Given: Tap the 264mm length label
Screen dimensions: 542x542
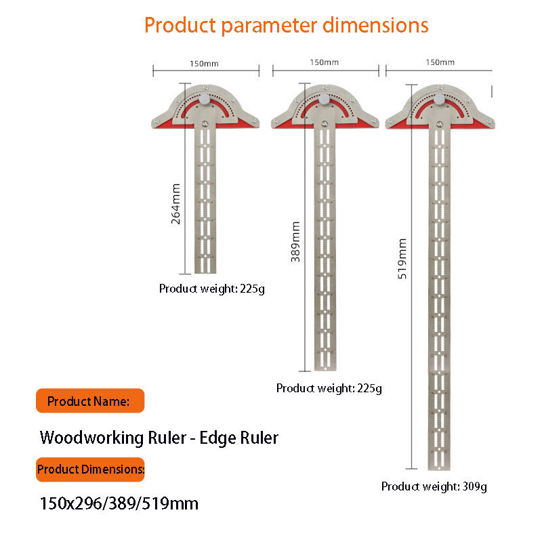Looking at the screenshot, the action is pos(176,204).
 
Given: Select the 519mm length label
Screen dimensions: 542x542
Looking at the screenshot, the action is pos(402,259).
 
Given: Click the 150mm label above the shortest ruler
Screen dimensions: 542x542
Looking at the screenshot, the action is pos(206,63).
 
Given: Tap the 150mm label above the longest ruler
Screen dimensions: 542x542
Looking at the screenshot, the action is pos(440,62).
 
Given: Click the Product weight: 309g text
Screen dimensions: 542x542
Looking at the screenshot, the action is pos(434,486).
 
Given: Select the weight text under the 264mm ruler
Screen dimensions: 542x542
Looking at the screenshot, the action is pos(211,289).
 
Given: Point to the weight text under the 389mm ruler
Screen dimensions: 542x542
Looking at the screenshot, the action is pos(329,389).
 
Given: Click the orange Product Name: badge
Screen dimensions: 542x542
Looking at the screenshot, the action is pos(89,401).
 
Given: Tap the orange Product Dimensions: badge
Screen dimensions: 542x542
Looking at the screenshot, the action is pos(90,469).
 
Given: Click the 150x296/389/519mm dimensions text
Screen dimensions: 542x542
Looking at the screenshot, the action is pos(119,504).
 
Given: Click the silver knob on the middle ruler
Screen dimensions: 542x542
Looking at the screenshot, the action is pos(325,99).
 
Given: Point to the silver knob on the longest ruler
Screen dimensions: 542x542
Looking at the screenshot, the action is pos(440,100).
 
